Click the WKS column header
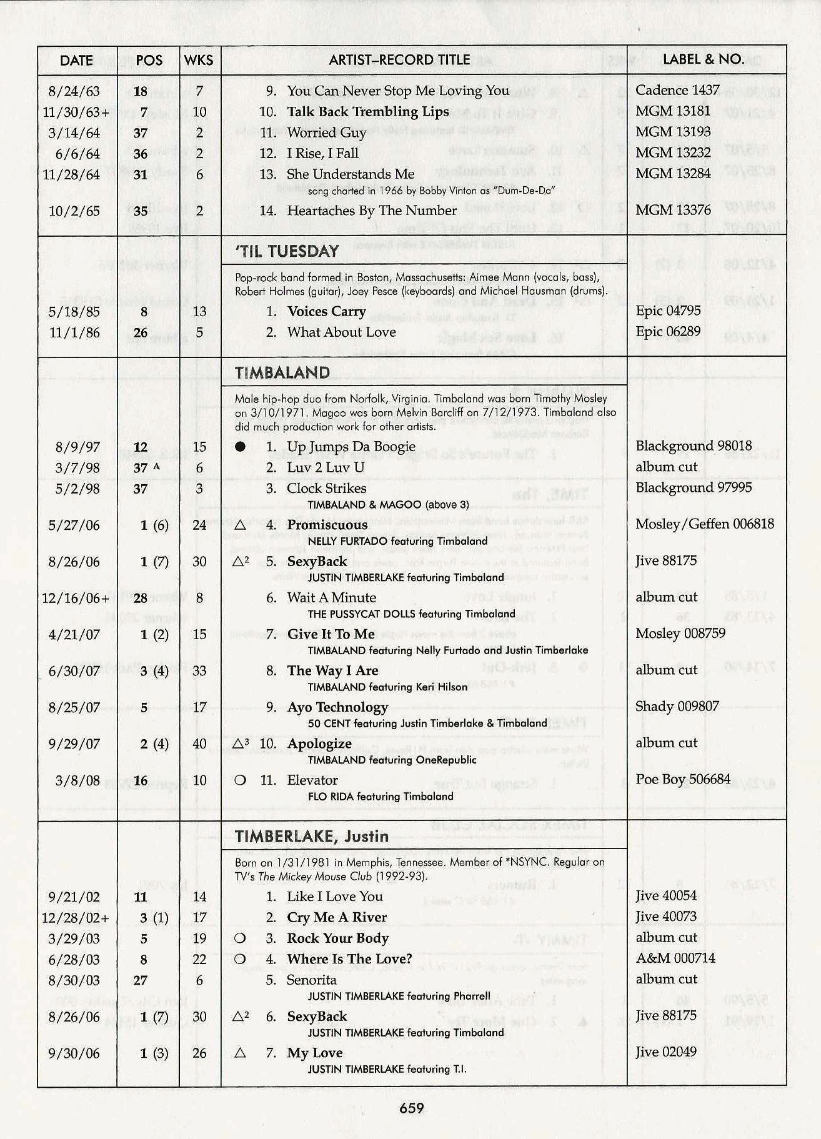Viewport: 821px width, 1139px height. click(x=199, y=60)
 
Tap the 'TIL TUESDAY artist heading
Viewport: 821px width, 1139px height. click(x=287, y=251)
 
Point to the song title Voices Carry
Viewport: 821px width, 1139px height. click(x=326, y=311)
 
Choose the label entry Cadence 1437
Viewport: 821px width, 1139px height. click(x=677, y=90)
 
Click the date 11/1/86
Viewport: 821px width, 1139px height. click(x=74, y=332)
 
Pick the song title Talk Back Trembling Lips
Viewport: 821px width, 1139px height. click(x=367, y=112)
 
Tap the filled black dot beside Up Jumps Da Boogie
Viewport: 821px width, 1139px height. click(x=240, y=447)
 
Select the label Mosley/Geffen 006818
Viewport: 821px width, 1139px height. click(x=704, y=524)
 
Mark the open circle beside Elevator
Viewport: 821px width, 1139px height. click(x=240, y=780)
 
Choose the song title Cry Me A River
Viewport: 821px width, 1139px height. click(x=336, y=917)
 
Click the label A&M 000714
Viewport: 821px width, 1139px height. click(x=675, y=958)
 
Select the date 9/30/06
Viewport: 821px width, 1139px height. click(x=74, y=1053)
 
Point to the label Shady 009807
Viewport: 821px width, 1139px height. click(x=677, y=706)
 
